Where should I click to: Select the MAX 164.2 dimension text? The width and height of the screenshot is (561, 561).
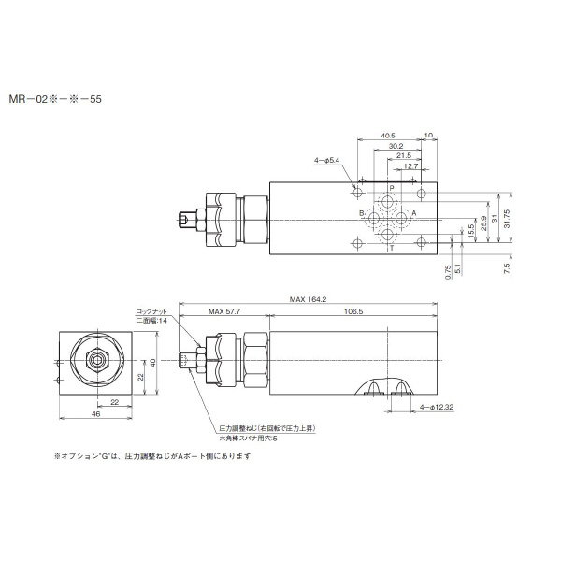[x=308, y=299]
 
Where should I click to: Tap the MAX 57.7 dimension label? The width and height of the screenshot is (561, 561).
[x=224, y=310]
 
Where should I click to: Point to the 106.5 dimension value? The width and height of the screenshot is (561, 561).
[x=354, y=310]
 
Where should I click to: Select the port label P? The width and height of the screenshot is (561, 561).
[x=391, y=188]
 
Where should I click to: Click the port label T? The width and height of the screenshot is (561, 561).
[x=391, y=248]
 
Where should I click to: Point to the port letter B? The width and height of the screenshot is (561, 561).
[x=362, y=214]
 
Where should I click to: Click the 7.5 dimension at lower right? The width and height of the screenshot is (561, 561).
[x=506, y=268]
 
